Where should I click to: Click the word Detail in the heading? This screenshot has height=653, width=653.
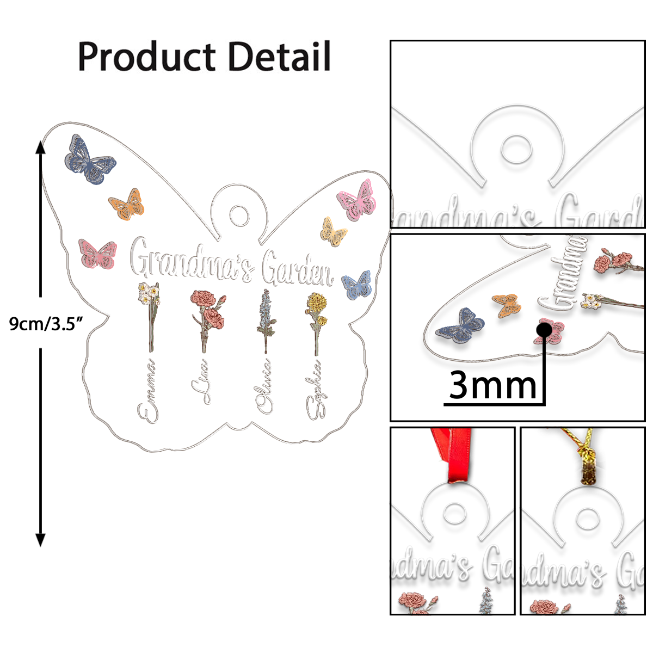[280, 57]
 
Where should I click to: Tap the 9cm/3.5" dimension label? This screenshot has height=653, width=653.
[46, 324]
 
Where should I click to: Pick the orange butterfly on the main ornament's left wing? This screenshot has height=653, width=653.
[127, 205]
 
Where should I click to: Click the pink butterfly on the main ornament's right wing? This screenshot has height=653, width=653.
[357, 201]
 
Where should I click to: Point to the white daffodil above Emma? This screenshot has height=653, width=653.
[149, 294]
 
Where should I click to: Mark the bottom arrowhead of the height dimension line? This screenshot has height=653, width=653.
[40, 540]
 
